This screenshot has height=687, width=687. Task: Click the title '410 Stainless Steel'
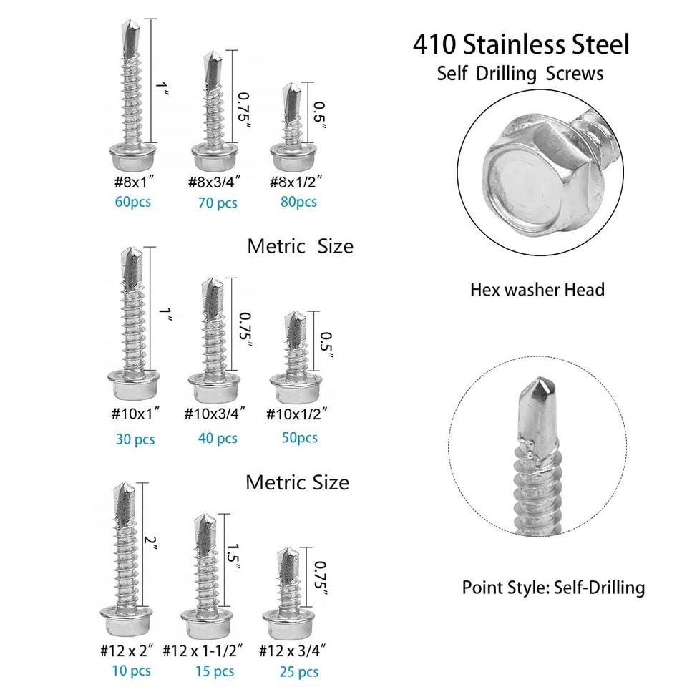pyautogui.click(x=521, y=44)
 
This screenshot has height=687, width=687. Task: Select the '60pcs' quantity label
pyautogui.click(x=133, y=202)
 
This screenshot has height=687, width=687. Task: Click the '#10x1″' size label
pyautogui.click(x=135, y=414)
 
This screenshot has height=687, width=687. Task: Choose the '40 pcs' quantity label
pyautogui.click(x=218, y=437)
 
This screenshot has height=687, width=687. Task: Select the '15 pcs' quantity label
pyautogui.click(x=215, y=671)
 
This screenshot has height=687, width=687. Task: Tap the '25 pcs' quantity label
pyautogui.click(x=299, y=671)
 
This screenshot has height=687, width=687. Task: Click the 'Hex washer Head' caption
pyautogui.click(x=537, y=290)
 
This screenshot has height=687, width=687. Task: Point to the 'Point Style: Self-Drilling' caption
pyautogui.click(x=553, y=588)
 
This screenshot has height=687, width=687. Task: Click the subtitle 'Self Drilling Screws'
pyautogui.click(x=520, y=74)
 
